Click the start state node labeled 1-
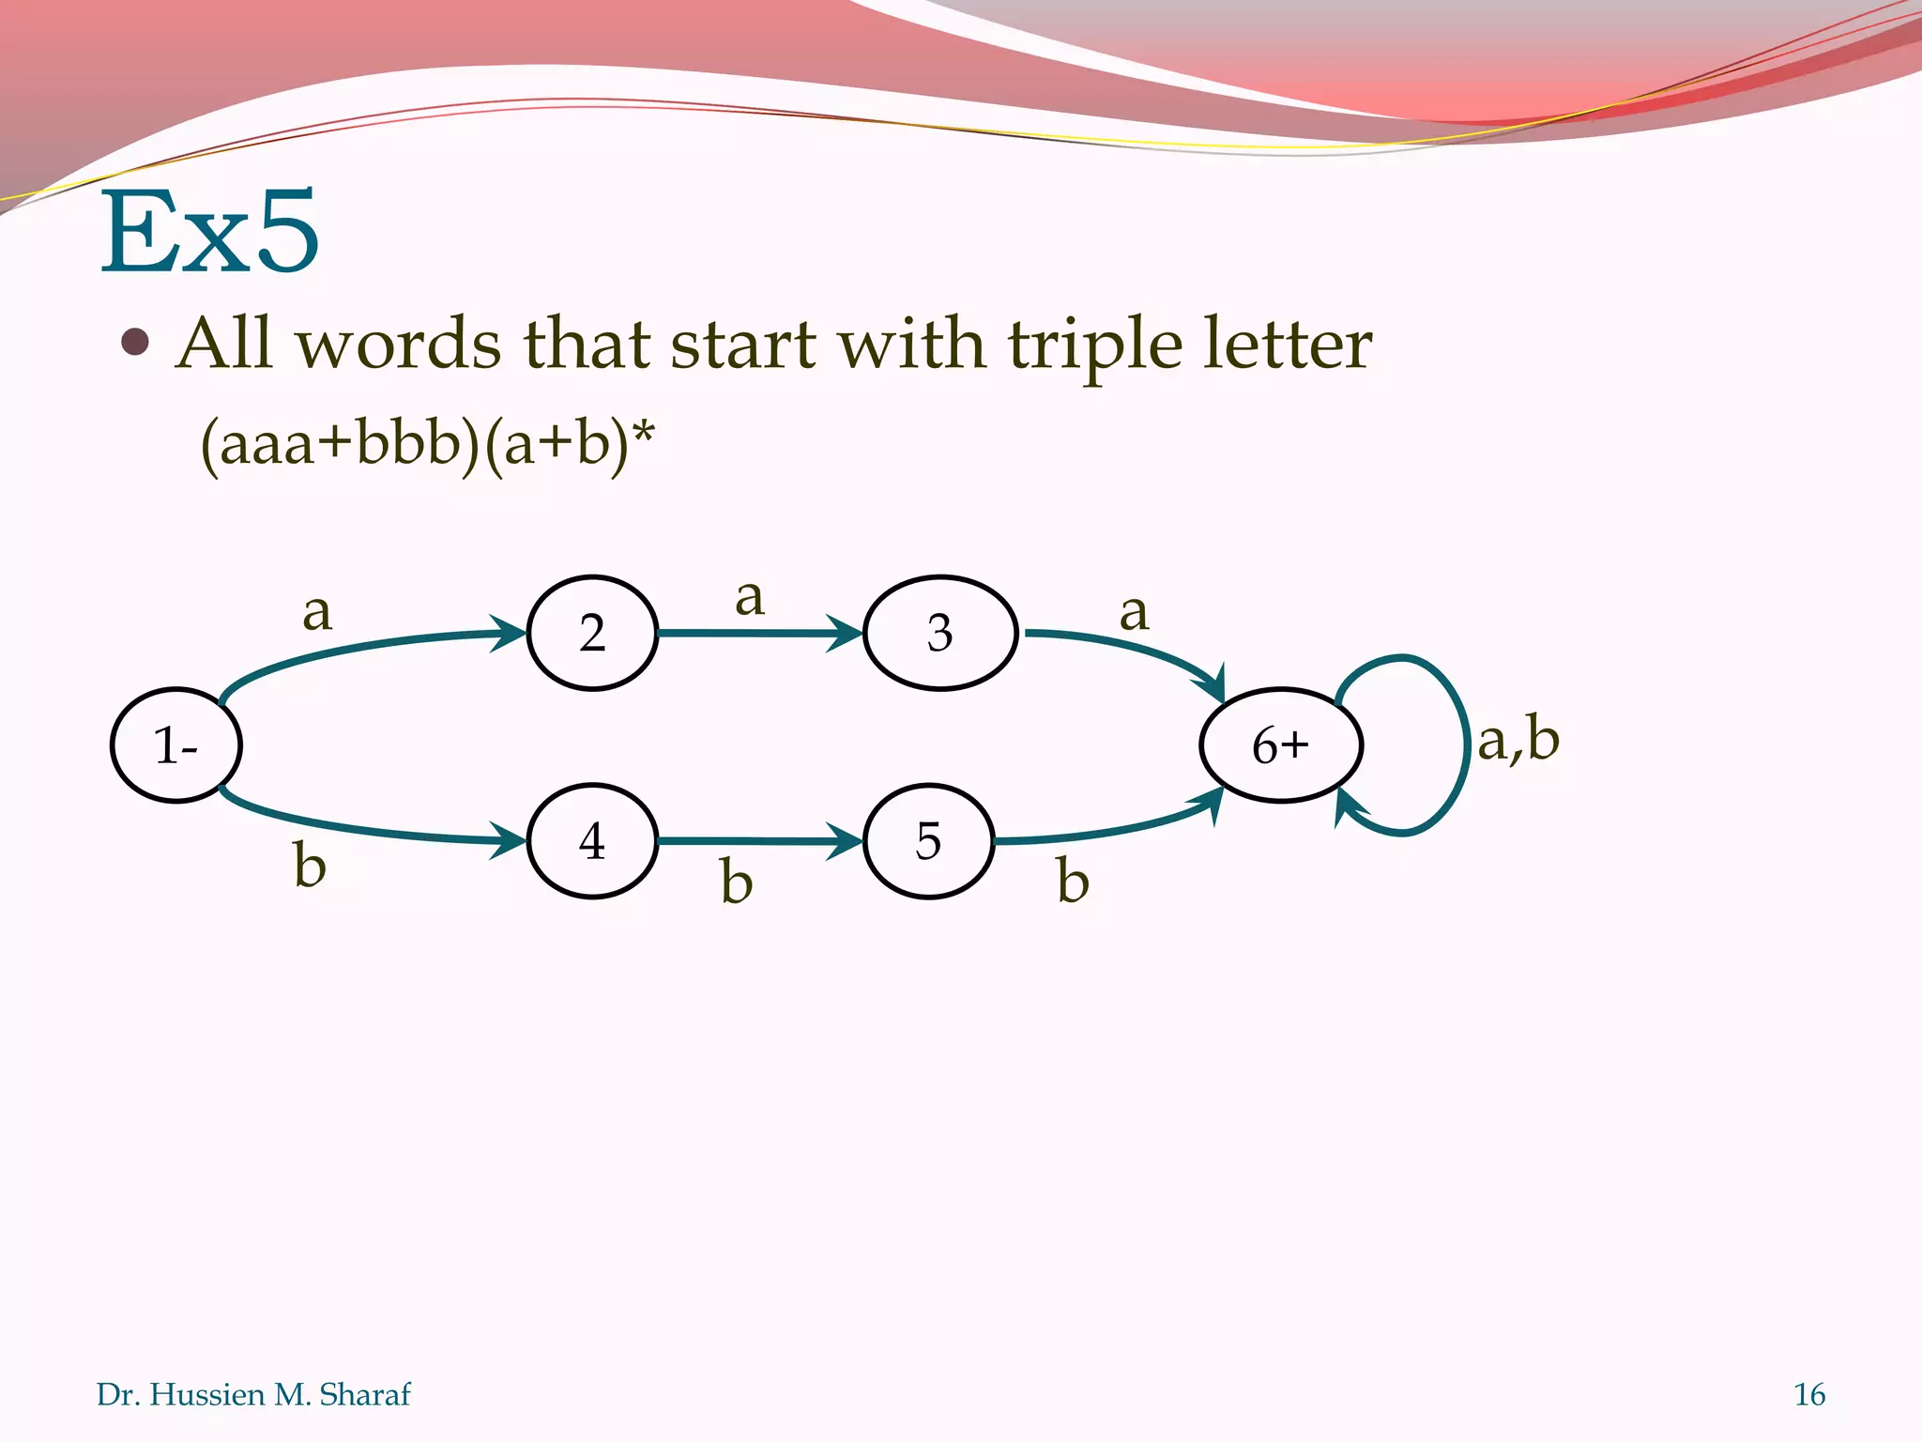[x=176, y=745]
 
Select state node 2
[x=592, y=633]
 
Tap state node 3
[x=940, y=633]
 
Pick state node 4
[x=592, y=841]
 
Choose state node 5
[x=928, y=841]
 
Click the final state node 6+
[x=1280, y=745]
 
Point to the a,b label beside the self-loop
[x=1518, y=739]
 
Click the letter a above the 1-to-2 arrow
[x=317, y=612]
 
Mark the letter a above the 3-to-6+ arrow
[x=1134, y=612]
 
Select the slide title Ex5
[x=210, y=232]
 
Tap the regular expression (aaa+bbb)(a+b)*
[x=427, y=443]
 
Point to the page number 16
[x=1808, y=1394]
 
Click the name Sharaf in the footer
[x=364, y=1394]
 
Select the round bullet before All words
[x=136, y=343]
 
